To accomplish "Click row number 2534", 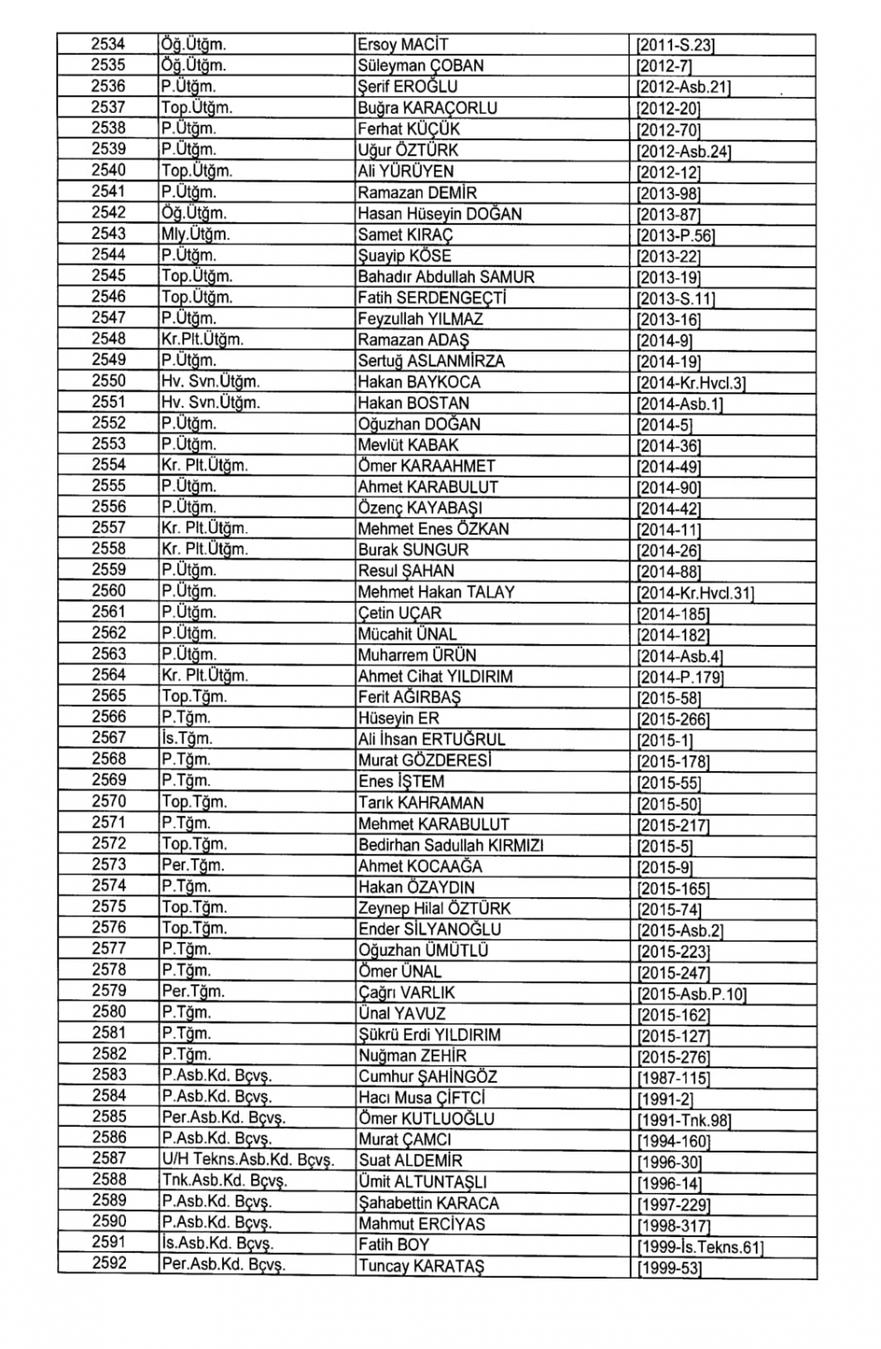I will click(x=108, y=44).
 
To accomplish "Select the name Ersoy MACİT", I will click(x=403, y=45).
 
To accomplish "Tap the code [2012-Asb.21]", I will click(x=683, y=87).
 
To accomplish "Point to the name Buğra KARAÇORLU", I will click(x=427, y=108).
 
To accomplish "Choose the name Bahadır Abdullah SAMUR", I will click(x=446, y=277).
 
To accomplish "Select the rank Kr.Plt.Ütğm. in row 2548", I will click(x=203, y=339).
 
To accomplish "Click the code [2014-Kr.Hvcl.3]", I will click(x=692, y=382).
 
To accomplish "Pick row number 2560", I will click(x=108, y=591).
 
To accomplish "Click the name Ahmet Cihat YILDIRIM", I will click(x=435, y=677).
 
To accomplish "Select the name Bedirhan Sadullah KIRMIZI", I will click(x=450, y=845).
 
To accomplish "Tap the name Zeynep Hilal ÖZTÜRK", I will click(x=434, y=908).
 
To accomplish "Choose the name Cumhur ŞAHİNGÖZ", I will click(x=427, y=1077).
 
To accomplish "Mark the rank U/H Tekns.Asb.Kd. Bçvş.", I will click(x=248, y=1160).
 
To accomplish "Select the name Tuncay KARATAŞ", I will click(x=421, y=1266).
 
